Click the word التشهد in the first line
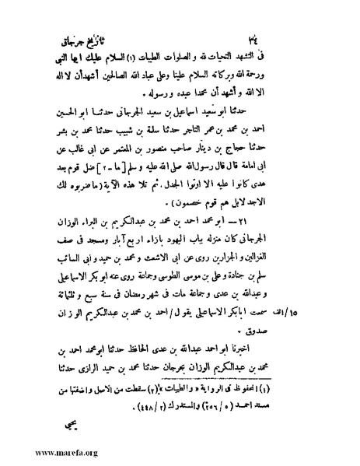(x=295, y=60)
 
